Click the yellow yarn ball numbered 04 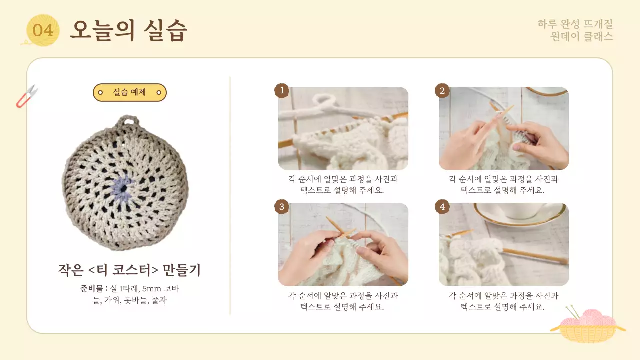click(x=43, y=30)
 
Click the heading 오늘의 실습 click(x=128, y=30)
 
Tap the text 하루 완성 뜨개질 click(x=575, y=24)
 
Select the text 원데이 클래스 click(x=581, y=36)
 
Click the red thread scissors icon click(x=27, y=96)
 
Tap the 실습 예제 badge click(x=129, y=92)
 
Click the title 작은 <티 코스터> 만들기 click(x=129, y=270)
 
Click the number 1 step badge click(x=282, y=91)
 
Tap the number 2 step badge click(x=442, y=91)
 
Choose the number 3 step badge click(x=282, y=207)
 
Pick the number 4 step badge click(x=442, y=207)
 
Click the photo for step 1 click(x=343, y=128)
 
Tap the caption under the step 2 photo click(x=503, y=185)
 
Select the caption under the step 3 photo click(x=343, y=301)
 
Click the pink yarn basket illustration click(x=587, y=326)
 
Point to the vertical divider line click(x=230, y=195)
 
